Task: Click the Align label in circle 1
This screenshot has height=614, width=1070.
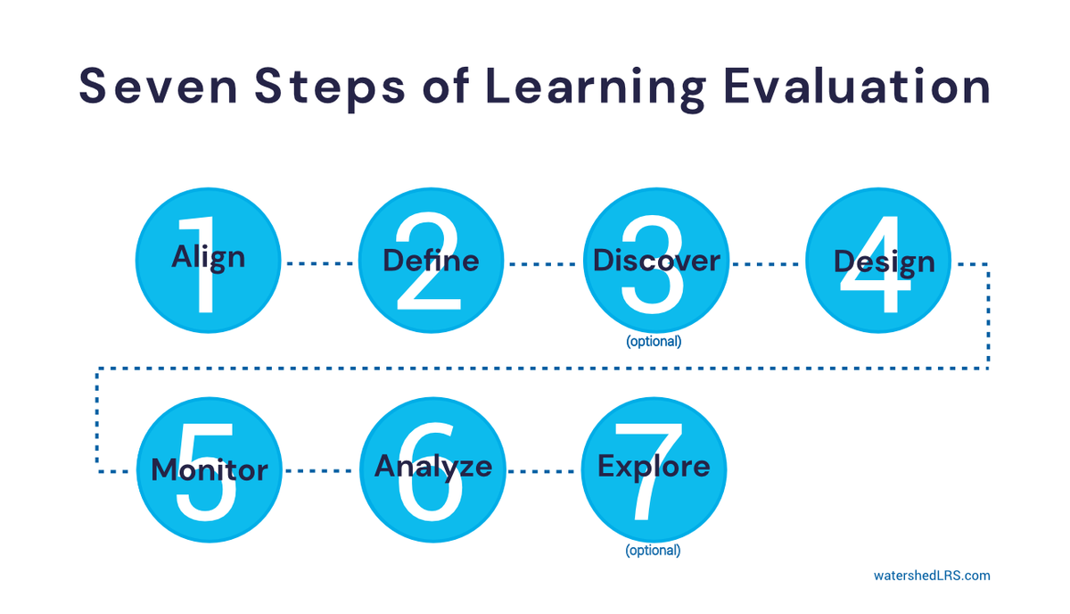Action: point(208,257)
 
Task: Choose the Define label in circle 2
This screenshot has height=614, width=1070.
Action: point(431,261)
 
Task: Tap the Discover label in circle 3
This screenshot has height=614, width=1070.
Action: point(656,261)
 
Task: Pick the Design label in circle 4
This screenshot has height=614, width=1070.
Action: point(884,262)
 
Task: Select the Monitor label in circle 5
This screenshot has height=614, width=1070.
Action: point(210,469)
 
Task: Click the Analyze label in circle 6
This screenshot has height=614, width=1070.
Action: point(432,467)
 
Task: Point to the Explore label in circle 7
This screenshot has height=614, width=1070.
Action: point(654,467)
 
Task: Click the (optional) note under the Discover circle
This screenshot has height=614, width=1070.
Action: point(653,341)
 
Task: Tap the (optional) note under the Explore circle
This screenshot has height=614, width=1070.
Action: point(653,551)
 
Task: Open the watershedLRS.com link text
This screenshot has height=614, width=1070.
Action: point(931,576)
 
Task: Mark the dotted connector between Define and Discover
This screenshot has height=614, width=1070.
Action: point(542,263)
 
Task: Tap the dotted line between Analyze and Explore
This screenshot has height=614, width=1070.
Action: point(542,470)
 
